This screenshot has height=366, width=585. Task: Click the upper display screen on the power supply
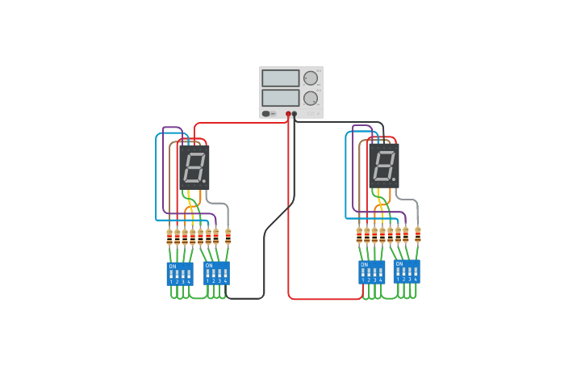(280, 78)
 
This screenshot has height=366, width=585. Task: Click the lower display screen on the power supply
(280, 98)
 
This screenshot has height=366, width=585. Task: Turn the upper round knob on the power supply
(310, 78)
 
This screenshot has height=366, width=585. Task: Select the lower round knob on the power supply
(310, 98)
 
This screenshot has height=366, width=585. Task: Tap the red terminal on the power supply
(288, 114)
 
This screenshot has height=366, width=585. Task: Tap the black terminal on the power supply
(295, 114)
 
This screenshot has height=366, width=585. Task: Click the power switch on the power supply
(266, 113)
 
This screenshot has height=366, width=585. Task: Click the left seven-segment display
(194, 167)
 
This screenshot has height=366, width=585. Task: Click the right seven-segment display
(383, 166)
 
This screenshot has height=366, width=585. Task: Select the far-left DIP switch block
(180, 274)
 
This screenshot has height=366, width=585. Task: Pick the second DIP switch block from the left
(216, 273)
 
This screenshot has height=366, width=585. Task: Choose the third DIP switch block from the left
(371, 272)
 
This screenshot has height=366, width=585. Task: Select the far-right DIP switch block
(407, 271)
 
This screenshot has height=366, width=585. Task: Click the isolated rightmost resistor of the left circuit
(228, 237)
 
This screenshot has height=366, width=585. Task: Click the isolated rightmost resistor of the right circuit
(417, 235)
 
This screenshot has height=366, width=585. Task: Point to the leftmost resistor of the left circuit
(169, 237)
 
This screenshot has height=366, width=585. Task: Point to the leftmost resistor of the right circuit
(359, 235)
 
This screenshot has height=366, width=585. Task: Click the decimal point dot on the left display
(204, 181)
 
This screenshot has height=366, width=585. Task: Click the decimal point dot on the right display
(394, 179)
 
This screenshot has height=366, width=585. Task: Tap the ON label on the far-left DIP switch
(172, 266)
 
